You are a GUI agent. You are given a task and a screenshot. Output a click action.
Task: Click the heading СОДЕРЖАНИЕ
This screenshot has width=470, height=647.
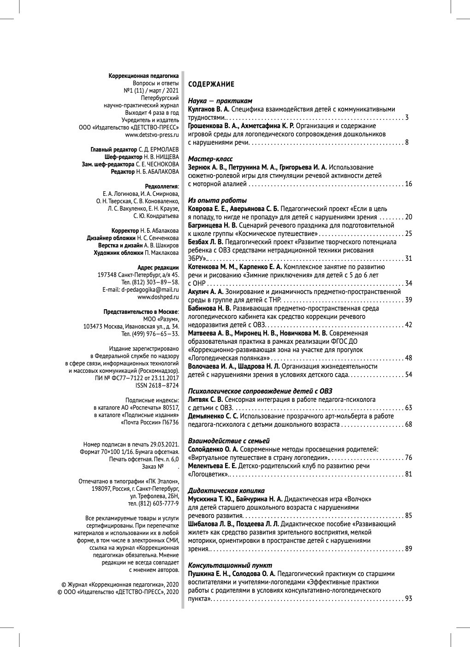click(x=211, y=84)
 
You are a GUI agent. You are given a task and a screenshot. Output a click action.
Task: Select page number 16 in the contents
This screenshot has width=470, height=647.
click(x=408, y=184)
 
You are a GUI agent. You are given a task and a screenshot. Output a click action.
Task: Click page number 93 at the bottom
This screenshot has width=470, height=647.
click(x=408, y=599)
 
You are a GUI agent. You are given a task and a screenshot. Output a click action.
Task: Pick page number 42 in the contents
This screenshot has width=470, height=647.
click(x=408, y=325)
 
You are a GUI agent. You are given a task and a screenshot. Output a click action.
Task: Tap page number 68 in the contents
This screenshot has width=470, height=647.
click(x=408, y=424)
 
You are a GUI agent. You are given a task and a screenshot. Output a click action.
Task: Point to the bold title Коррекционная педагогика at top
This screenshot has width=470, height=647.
click(x=143, y=76)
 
